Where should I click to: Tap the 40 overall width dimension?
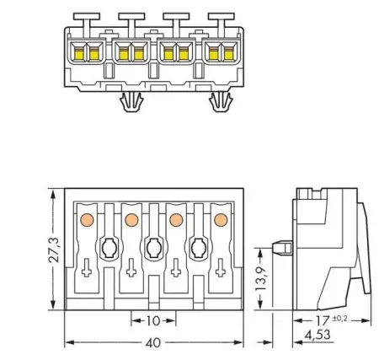coord(155,344)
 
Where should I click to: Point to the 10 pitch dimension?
coord(153,322)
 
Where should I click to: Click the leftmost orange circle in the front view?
coord(86,220)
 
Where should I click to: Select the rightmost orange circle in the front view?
coord(221,220)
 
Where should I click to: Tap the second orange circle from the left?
coord(131,220)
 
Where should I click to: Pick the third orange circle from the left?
coord(176,220)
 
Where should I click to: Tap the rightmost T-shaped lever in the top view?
coord(222,18)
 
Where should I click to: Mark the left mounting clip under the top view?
coord(130,105)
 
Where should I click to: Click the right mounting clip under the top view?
coord(222,105)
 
